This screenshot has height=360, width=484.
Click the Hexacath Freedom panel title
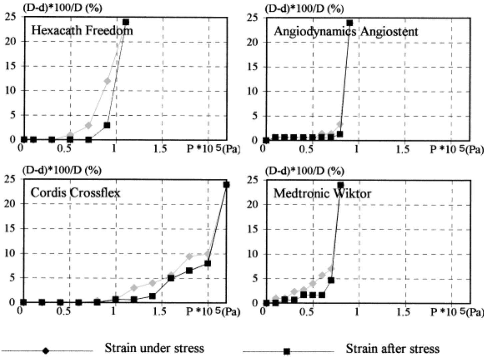click(x=82, y=31)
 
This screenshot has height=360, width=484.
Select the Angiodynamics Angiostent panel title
click(x=346, y=32)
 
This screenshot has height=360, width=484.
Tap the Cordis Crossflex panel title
click(x=75, y=193)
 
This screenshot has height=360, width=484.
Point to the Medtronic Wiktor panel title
click(x=322, y=193)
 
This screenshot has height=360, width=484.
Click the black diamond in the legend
click(x=46, y=351)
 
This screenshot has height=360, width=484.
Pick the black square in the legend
click(x=287, y=351)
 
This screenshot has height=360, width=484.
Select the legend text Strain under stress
click(x=154, y=348)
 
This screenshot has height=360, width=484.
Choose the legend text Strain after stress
click(x=392, y=349)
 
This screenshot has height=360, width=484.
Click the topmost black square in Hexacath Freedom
click(x=126, y=22)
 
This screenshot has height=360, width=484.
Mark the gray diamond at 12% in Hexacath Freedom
click(x=107, y=81)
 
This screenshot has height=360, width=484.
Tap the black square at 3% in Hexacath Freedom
click(x=107, y=125)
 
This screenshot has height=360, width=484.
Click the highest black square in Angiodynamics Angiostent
click(x=350, y=23)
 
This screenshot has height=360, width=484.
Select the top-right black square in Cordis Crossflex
click(x=226, y=184)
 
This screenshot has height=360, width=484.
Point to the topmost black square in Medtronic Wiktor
click(x=340, y=185)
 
